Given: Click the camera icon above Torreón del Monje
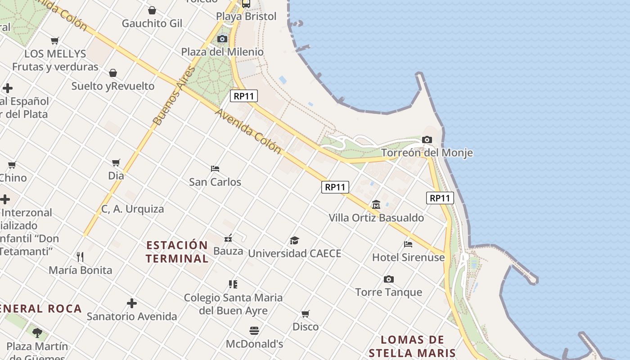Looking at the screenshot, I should (427, 140).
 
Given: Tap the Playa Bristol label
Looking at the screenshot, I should (246, 17).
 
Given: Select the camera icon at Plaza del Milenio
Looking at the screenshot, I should (222, 39).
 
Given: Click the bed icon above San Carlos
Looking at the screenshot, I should (215, 169).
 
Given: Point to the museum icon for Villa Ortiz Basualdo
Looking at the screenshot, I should (376, 205).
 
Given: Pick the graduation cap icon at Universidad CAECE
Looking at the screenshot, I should (294, 240).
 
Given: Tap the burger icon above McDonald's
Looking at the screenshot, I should (254, 331).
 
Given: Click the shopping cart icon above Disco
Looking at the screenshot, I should (306, 314).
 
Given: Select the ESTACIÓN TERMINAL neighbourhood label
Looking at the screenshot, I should (177, 252).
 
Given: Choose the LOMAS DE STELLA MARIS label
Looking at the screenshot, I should (412, 346).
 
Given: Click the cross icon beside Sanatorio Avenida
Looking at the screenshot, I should (131, 303).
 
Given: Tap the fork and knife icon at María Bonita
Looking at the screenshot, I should (80, 257).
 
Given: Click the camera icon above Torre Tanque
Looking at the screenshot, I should (389, 279).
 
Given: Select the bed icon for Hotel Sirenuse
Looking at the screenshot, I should (408, 244).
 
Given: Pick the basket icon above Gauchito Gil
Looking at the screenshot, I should (152, 10).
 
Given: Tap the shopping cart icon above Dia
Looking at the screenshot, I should (116, 162).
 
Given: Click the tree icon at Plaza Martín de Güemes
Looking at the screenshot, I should (37, 333).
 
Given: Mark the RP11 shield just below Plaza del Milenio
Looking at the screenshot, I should (244, 96).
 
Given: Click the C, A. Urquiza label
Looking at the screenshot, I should (132, 209).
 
